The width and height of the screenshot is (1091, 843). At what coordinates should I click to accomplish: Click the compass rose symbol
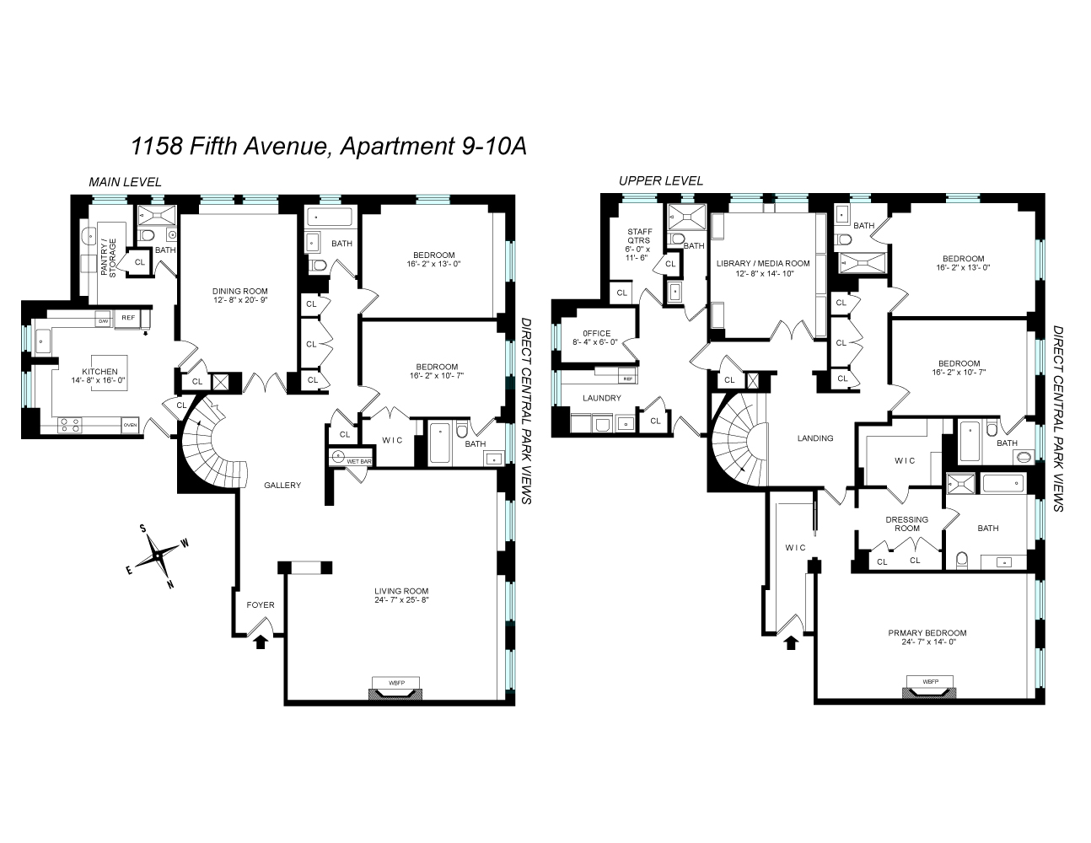tap(157, 556)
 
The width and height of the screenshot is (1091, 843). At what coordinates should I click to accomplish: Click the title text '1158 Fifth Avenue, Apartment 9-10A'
tap(329, 147)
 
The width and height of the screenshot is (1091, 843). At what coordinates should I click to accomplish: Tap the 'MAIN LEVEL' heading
tap(126, 182)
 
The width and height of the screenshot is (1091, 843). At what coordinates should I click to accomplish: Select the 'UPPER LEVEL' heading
tap(660, 181)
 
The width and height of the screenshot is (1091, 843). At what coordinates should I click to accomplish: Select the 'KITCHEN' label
tap(99, 372)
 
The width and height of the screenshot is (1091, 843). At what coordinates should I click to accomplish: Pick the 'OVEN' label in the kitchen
tap(130, 425)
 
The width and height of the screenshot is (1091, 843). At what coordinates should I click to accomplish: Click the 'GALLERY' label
tap(282, 486)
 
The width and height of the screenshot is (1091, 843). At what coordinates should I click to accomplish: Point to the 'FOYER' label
tap(260, 604)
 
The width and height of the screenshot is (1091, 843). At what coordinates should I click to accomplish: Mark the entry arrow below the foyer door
tap(261, 642)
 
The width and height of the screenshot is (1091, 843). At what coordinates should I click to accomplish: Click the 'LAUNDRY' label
tap(601, 398)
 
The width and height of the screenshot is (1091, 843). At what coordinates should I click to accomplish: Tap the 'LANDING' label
tap(815, 438)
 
